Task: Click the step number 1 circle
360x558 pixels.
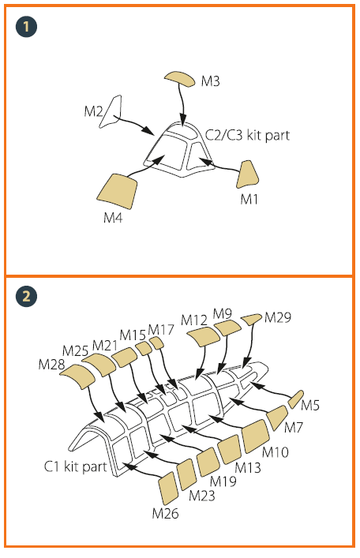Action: (26, 26)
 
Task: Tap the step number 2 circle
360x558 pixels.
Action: (26, 296)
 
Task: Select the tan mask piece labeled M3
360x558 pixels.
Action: (180, 79)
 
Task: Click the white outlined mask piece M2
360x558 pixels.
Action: (111, 111)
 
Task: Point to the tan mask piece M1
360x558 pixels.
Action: (247, 174)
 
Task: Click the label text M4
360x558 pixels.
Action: (113, 217)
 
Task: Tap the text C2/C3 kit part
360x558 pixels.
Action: (248, 135)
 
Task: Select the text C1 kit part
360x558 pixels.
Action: (76, 466)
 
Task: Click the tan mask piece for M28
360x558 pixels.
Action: (77, 376)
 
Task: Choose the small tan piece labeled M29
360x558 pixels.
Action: (251, 319)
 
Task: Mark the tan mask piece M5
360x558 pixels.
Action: (295, 399)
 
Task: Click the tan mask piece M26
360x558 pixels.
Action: (168, 488)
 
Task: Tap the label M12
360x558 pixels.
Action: (193, 320)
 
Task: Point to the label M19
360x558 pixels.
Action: (223, 481)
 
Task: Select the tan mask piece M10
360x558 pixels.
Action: (256, 436)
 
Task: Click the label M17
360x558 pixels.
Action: (161, 330)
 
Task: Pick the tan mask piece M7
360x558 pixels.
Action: (277, 418)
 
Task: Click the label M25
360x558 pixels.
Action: (75, 351)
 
